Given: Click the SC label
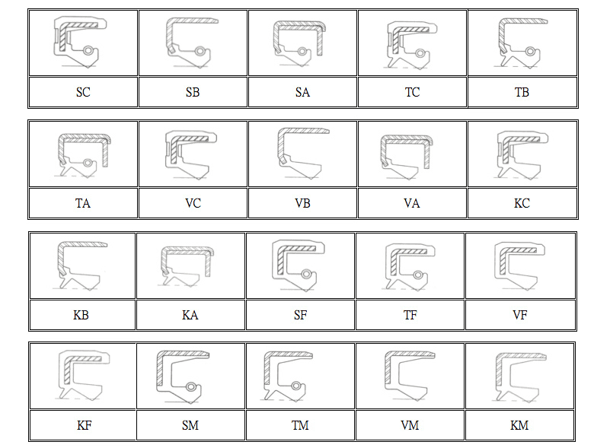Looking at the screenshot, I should point(83,93).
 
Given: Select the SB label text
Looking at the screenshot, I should point(193,93).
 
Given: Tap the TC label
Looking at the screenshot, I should point(412,93).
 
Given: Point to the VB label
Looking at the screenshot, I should point(302,204).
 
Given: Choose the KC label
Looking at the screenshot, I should point(522,204).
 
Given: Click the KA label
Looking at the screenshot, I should point(190,315).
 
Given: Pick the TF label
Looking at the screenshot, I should point(410,315).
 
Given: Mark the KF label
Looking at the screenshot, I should point(83,425).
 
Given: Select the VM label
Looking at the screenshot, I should point(410,425).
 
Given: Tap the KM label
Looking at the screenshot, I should point(519,425).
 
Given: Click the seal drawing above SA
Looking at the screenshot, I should point(302,42).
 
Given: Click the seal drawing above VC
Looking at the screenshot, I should point(193,154).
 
